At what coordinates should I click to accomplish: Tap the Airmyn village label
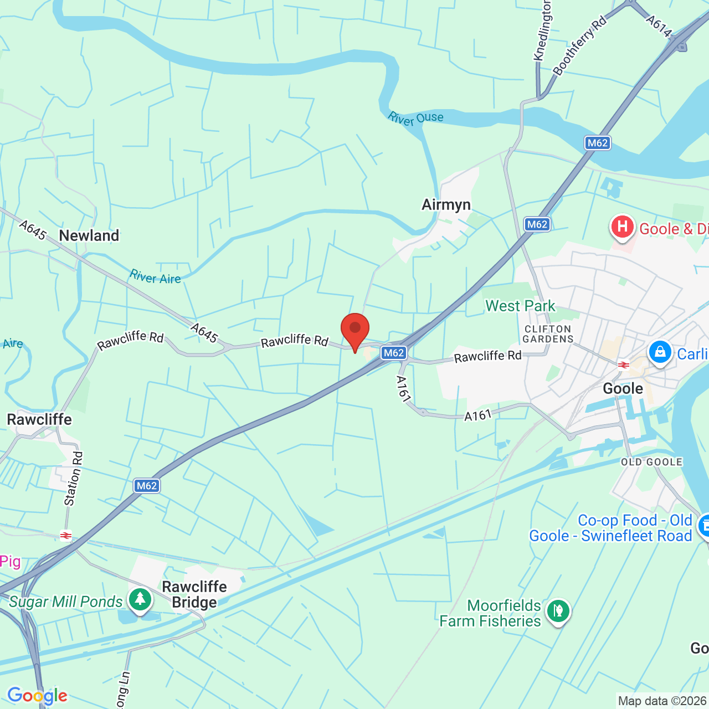click(x=446, y=205)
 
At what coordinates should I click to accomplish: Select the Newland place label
click(x=89, y=236)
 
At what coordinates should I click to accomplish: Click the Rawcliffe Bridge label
click(x=194, y=594)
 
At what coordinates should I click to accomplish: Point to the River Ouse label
click(x=416, y=119)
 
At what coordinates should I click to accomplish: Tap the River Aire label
click(x=156, y=277)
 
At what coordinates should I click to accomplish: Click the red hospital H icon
click(x=622, y=227)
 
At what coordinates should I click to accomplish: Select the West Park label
click(x=520, y=306)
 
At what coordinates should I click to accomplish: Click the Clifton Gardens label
click(x=548, y=334)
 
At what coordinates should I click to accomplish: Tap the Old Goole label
click(x=651, y=462)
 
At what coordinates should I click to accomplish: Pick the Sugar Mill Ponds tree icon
click(x=140, y=600)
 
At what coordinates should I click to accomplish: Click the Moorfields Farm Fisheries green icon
click(x=558, y=612)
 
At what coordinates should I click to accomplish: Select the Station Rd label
click(x=74, y=479)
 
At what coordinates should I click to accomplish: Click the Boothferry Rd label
click(x=579, y=46)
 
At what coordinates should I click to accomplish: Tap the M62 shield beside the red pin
click(x=394, y=353)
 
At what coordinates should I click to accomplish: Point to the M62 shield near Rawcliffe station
click(x=147, y=486)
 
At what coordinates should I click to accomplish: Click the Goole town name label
click(x=623, y=389)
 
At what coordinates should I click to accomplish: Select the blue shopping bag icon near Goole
click(x=660, y=352)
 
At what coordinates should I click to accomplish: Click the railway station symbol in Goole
click(x=624, y=364)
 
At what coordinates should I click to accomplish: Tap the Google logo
click(x=37, y=696)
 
